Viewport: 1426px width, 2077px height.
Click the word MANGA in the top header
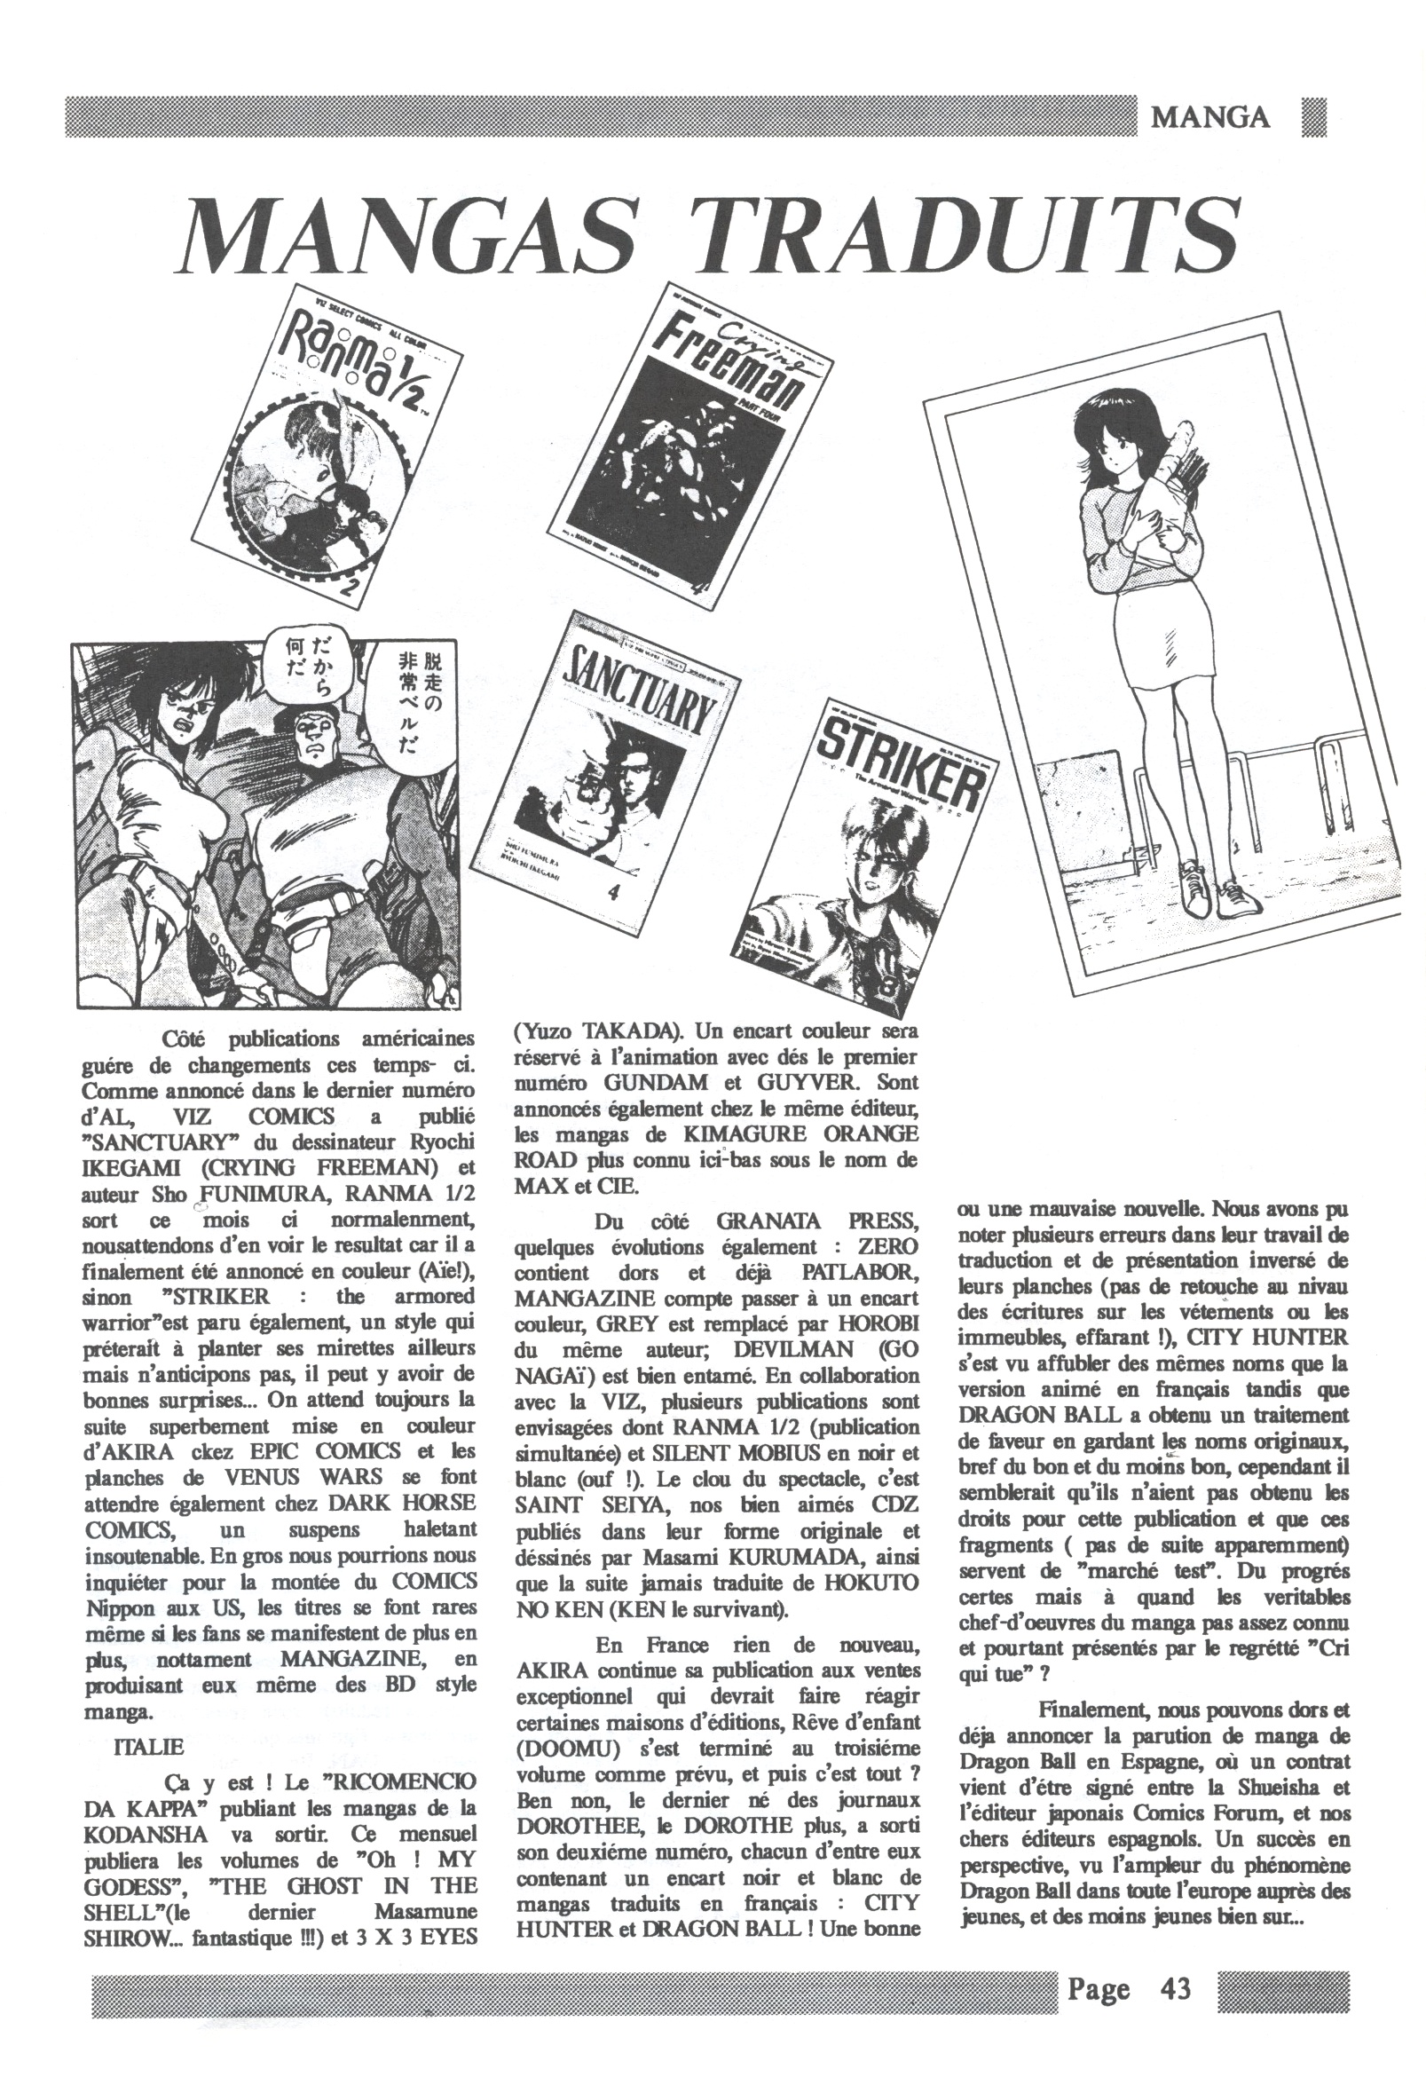(1210, 117)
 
